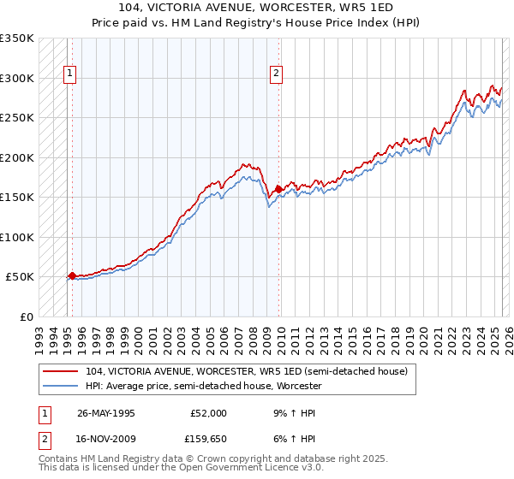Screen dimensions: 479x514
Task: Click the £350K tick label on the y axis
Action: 17,38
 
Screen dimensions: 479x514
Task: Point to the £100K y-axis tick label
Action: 17,237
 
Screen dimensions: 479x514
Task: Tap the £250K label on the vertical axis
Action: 17,118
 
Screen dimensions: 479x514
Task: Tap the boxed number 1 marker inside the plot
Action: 69,74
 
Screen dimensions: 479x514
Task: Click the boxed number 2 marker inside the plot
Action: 276,74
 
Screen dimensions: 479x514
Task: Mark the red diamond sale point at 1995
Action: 72,275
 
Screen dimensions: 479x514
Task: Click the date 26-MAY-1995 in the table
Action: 106,412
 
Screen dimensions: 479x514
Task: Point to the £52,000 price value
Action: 208,412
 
